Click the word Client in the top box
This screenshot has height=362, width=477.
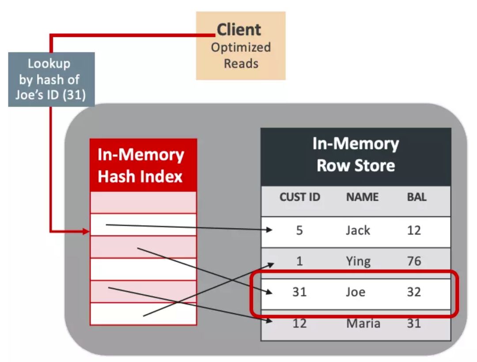pyautogui.click(x=239, y=30)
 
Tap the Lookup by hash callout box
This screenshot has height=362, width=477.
pyautogui.click(x=51, y=80)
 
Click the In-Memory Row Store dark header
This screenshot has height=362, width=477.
pyautogui.click(x=356, y=155)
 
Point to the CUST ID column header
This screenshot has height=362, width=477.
pyautogui.click(x=299, y=197)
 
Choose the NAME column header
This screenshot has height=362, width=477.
pyautogui.click(x=362, y=197)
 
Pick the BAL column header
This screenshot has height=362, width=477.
pyautogui.click(x=416, y=197)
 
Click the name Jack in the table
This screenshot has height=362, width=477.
pyautogui.click(x=358, y=230)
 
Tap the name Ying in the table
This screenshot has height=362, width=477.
pyautogui.click(x=358, y=261)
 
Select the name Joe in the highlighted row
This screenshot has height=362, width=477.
pyautogui.click(x=356, y=292)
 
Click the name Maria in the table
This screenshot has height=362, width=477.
pyautogui.click(x=363, y=323)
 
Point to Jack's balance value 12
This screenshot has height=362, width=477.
pyautogui.click(x=414, y=230)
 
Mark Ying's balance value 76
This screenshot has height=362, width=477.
pyautogui.click(x=414, y=261)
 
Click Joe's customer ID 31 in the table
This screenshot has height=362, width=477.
pyautogui.click(x=299, y=292)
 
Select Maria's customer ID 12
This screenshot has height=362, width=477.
pyautogui.click(x=299, y=323)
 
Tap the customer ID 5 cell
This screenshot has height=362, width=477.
pyautogui.click(x=299, y=230)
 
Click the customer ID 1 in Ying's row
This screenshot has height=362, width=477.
pyautogui.click(x=299, y=261)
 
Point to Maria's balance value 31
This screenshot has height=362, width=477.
pyautogui.click(x=414, y=323)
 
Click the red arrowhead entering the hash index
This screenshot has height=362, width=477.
pyautogui.click(x=86, y=232)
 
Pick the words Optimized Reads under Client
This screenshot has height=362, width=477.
pyautogui.click(x=241, y=55)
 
